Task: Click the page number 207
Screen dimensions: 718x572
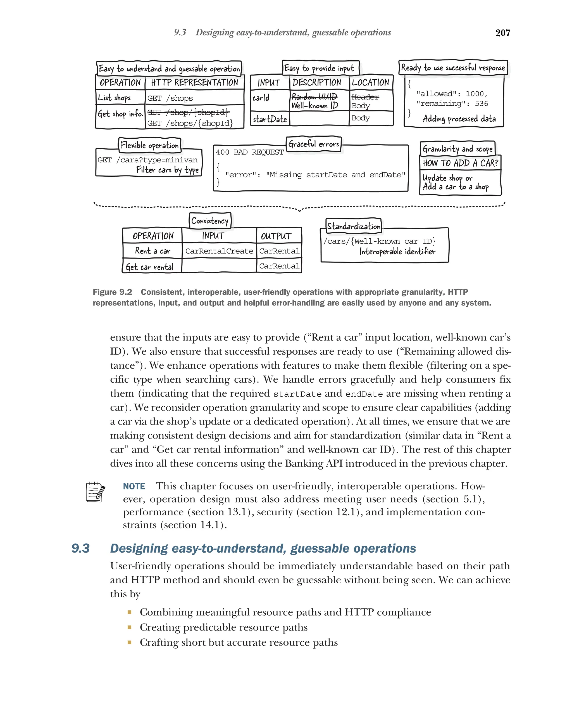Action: pos(502,33)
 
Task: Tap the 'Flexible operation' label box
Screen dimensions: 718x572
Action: pos(149,145)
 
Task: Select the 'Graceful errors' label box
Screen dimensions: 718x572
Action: pos(313,144)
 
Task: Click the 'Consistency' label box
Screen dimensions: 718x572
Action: pos(210,221)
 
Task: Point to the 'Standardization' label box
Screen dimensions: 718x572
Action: pos(353,226)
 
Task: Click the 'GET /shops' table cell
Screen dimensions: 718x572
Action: pos(170,98)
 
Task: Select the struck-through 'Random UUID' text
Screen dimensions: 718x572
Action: pos(314,97)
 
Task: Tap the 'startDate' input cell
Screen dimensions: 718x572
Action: pos(270,119)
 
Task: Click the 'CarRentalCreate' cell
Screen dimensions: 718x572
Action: pos(219,251)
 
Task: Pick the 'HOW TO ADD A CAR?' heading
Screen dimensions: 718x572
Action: pos(460,163)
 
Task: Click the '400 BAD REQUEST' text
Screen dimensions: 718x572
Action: pos(250,152)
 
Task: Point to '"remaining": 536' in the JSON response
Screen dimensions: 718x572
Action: pos(452,104)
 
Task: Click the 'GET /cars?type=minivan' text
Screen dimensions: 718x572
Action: pos(147,160)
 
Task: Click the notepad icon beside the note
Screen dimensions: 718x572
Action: pos(95,492)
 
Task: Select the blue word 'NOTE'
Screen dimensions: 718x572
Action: pos(134,486)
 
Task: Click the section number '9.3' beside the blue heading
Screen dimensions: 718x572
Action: pos(80,548)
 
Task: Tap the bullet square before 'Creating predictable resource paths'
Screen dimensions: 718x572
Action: pos(129,627)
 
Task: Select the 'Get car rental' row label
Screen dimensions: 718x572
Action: pos(149,267)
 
